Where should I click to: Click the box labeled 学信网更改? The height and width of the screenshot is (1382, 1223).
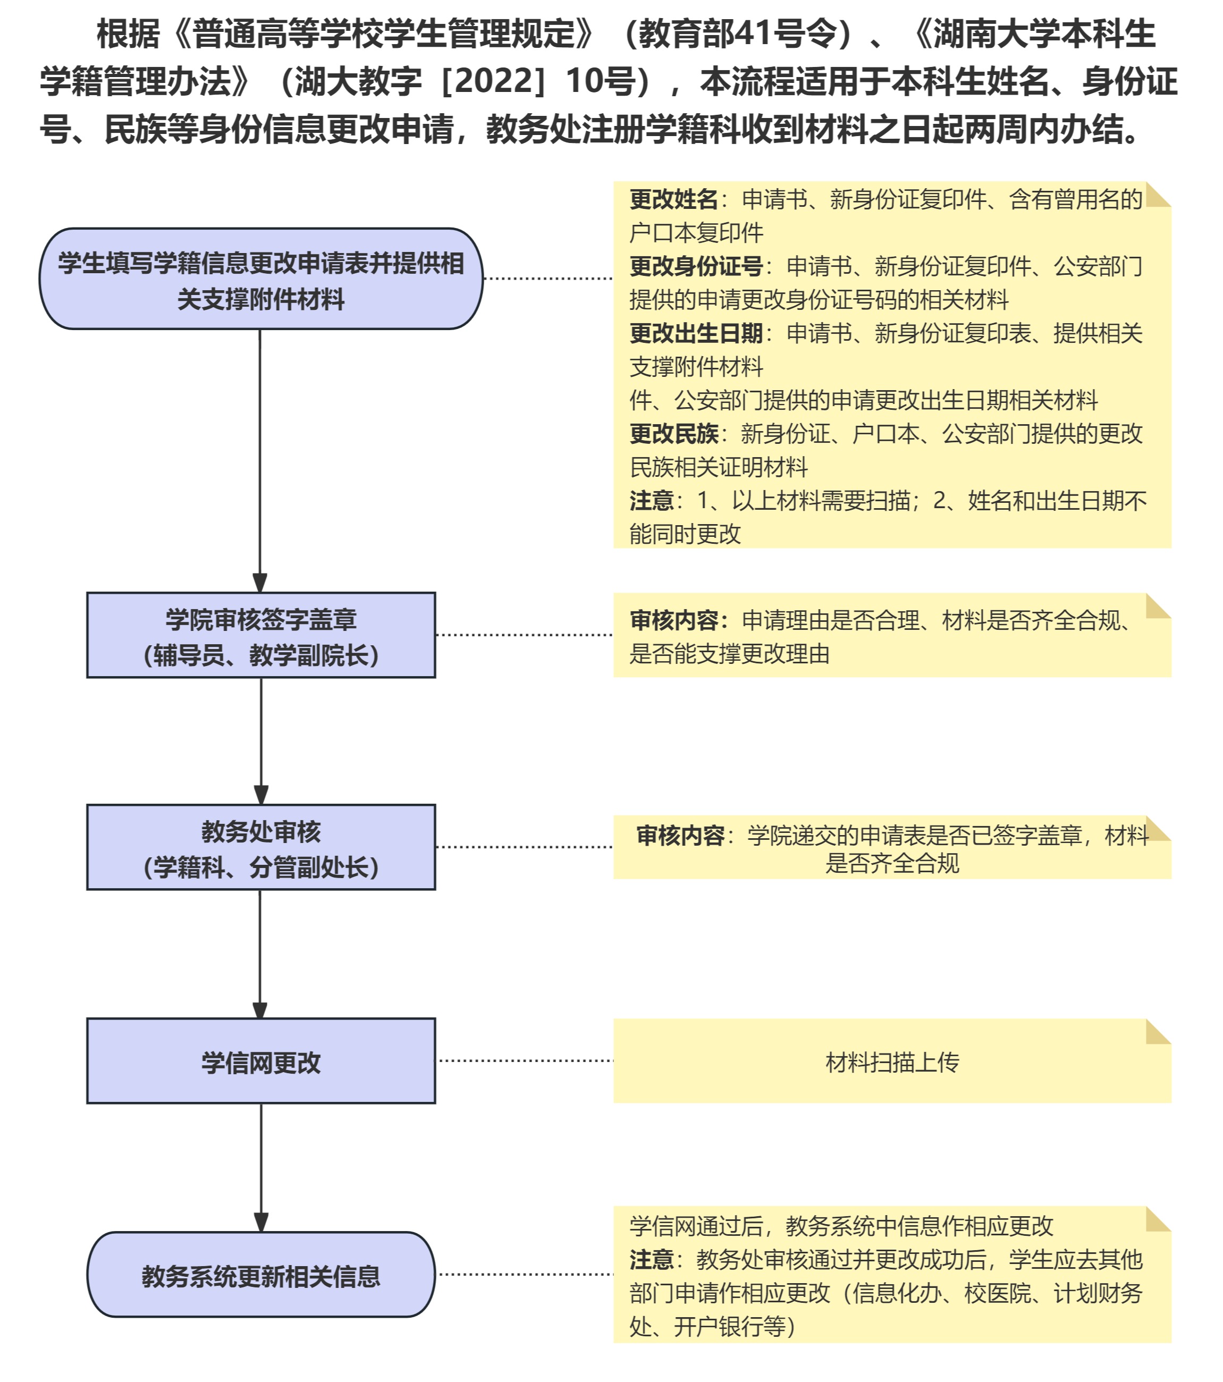[x=261, y=1061]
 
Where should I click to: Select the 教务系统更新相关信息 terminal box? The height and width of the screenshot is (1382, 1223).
[x=261, y=1275]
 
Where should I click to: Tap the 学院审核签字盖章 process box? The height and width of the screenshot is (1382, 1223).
[x=261, y=636]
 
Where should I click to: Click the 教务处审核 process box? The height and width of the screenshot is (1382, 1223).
[x=261, y=847]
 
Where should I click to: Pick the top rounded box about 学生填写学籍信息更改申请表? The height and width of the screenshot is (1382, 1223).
[x=261, y=279]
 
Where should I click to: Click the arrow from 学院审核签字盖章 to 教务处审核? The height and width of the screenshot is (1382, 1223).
[x=261, y=740]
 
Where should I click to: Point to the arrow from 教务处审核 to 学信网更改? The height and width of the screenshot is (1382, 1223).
[x=260, y=954]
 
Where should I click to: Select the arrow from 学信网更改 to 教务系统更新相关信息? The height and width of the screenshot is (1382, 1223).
[x=261, y=1167]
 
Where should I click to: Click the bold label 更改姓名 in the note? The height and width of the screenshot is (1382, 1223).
[x=673, y=199]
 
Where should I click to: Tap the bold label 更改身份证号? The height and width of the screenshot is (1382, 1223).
[x=696, y=266]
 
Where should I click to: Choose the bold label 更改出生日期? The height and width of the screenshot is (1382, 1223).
[x=696, y=333]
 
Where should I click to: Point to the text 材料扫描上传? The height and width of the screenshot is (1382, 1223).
[x=892, y=1062]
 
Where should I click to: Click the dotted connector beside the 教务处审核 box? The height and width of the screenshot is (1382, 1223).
[x=525, y=847]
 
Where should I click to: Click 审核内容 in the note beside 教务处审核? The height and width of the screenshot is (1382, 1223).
[x=679, y=836]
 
